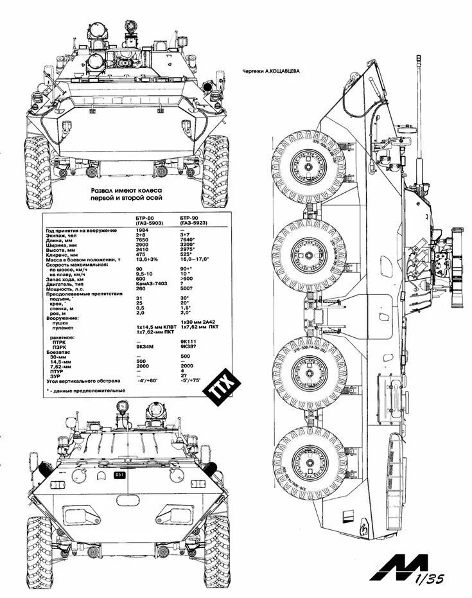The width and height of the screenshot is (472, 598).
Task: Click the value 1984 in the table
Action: [143, 230]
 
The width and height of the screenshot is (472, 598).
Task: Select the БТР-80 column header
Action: [145, 219]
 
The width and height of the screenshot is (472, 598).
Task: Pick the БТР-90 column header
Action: [190, 219]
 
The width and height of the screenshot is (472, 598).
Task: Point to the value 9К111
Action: [188, 342]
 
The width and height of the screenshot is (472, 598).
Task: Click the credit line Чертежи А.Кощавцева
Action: [272, 71]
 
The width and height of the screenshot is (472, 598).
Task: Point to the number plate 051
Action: [119, 475]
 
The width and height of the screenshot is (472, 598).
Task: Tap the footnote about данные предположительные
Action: [87, 390]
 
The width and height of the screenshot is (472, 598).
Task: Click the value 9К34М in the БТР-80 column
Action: [144, 347]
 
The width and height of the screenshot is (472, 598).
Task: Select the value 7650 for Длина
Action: [143, 240]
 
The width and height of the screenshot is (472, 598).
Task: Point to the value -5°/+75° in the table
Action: [191, 381]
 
